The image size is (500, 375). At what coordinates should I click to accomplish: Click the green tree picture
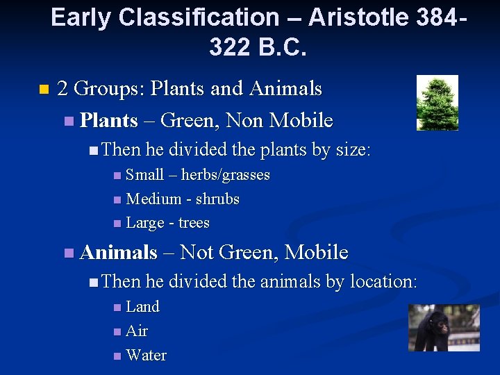(x=437, y=103)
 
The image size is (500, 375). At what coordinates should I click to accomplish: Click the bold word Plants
(x=108, y=121)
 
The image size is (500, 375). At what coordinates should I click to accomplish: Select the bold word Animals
(x=119, y=253)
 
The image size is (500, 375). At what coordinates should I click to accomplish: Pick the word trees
(x=194, y=223)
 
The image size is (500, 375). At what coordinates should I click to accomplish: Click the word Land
(x=142, y=307)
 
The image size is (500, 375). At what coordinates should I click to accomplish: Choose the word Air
(x=137, y=331)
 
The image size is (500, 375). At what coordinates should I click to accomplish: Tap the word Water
(x=147, y=356)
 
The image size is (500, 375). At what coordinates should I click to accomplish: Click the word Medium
(x=152, y=199)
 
